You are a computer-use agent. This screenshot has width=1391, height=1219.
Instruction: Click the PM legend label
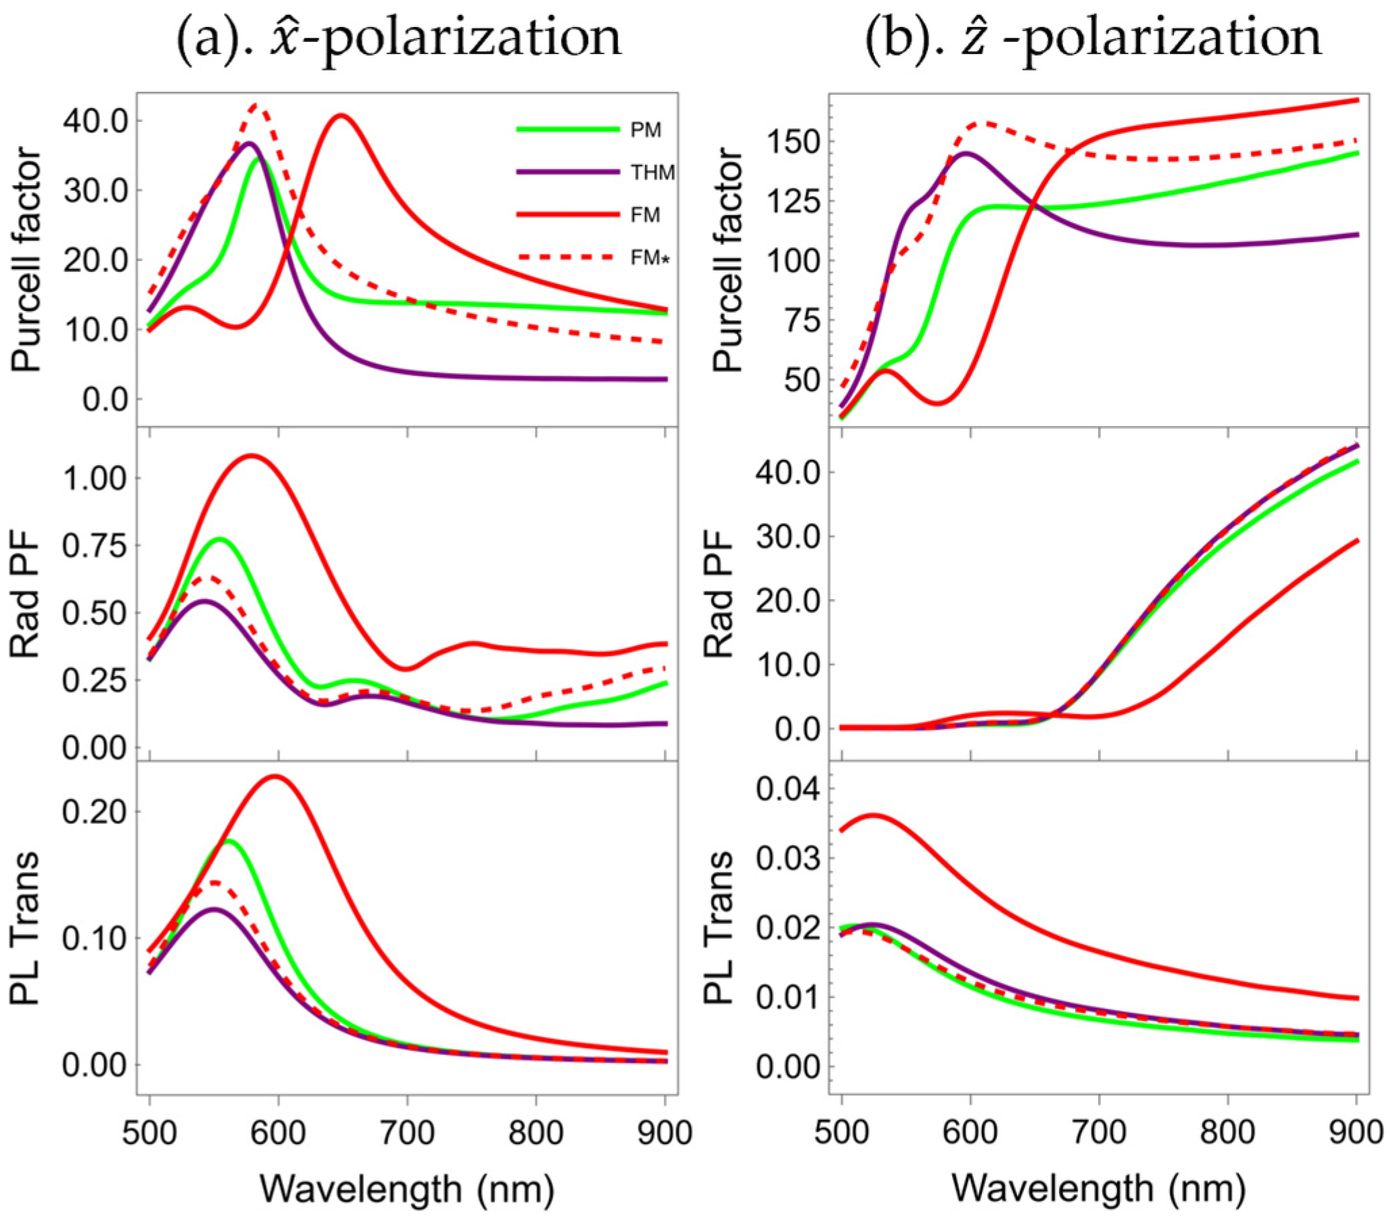pyautogui.click(x=644, y=129)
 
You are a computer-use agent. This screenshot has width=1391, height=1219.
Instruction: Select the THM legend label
pyautogui.click(x=651, y=172)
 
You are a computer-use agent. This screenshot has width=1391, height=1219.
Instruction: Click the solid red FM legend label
pyautogui.click(x=644, y=215)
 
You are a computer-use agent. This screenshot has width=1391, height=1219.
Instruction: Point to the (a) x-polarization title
pyautogui.click(x=398, y=37)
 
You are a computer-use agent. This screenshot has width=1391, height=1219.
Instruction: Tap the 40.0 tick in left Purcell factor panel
pyautogui.click(x=95, y=121)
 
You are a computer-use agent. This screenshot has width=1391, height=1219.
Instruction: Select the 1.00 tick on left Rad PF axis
pyautogui.click(x=95, y=479)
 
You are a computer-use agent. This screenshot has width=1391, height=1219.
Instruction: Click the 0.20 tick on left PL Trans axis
pyautogui.click(x=95, y=811)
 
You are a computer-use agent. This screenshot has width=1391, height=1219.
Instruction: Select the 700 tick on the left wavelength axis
pyautogui.click(x=408, y=1132)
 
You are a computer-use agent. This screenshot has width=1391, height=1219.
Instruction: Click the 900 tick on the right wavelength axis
pyautogui.click(x=1356, y=1132)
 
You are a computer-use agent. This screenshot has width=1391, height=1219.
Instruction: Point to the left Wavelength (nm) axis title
pyautogui.click(x=407, y=1189)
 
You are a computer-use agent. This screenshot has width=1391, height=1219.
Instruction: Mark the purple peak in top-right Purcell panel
pyautogui.click(x=966, y=153)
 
